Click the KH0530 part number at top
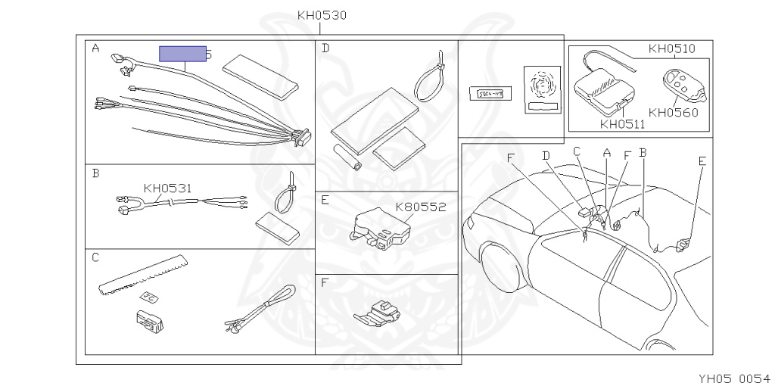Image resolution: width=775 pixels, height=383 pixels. pyautogui.click(x=322, y=15)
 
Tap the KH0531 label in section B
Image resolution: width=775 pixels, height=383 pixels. pyautogui.click(x=167, y=188)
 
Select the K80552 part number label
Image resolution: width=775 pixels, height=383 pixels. pyautogui.click(x=421, y=206)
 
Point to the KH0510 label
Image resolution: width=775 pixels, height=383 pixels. pyautogui.click(x=671, y=49)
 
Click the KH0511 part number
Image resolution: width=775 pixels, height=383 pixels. pyautogui.click(x=622, y=124)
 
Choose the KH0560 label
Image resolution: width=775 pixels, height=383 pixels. pyautogui.click(x=673, y=113)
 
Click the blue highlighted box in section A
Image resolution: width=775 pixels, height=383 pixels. pyautogui.click(x=182, y=54)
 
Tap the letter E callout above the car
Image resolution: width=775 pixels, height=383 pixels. pyautogui.click(x=702, y=161)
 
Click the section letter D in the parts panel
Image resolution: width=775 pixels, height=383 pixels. pyautogui.click(x=325, y=48)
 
